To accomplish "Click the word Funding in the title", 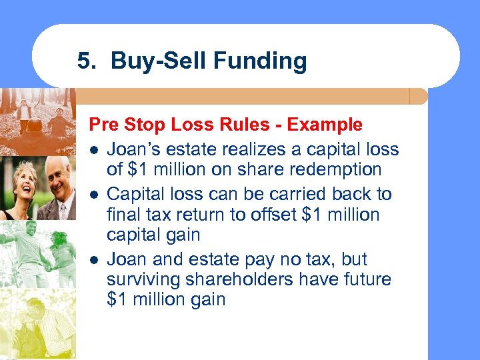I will tap(261, 61).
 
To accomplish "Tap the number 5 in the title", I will tap(84, 61).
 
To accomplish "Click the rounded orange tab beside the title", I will tap(418, 97).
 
